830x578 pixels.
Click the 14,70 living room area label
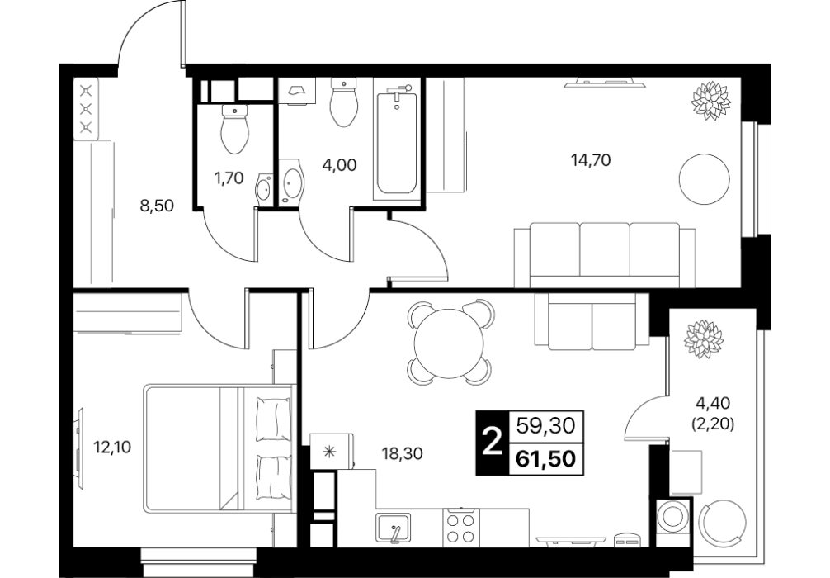coord(591,159)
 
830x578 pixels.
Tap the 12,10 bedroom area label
coord(112,448)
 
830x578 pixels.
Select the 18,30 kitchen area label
coord(403,453)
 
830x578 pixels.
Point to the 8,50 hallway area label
coord(157,206)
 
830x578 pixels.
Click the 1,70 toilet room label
coord(229,178)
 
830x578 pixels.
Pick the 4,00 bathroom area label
coord(339,165)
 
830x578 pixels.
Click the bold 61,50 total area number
coord(545,458)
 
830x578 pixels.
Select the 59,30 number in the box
coord(545,425)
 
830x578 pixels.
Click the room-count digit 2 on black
coord(493,443)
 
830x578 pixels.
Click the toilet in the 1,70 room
coord(235,129)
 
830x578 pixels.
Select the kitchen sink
coord(394,528)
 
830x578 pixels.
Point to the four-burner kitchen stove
coord(460,528)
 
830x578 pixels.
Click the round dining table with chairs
coord(450,343)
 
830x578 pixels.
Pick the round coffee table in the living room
coord(705,179)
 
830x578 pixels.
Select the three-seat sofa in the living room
coord(605,255)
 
